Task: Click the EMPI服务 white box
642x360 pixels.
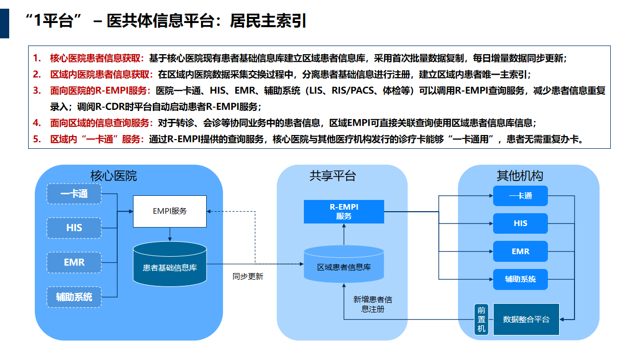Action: (x=170, y=211)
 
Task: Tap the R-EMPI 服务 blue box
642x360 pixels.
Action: (x=344, y=212)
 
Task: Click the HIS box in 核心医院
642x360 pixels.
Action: (x=74, y=228)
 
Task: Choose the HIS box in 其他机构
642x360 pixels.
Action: (x=520, y=223)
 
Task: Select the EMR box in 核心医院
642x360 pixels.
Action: (x=74, y=262)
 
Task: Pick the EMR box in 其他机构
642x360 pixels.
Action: (x=520, y=252)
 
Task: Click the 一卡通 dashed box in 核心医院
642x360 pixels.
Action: (x=74, y=194)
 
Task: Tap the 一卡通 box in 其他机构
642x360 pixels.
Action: (x=520, y=196)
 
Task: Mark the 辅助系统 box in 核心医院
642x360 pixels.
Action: (x=74, y=297)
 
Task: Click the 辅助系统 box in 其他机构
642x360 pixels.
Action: (x=520, y=279)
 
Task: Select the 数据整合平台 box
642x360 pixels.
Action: (x=526, y=319)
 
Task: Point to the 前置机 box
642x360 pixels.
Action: (x=481, y=319)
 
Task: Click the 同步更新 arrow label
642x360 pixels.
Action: (x=248, y=276)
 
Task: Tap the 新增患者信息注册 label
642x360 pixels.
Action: (x=372, y=304)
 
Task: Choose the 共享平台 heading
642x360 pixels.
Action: (x=333, y=176)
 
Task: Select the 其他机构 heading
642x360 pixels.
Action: (x=519, y=176)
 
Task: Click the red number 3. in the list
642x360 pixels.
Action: (x=37, y=91)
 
